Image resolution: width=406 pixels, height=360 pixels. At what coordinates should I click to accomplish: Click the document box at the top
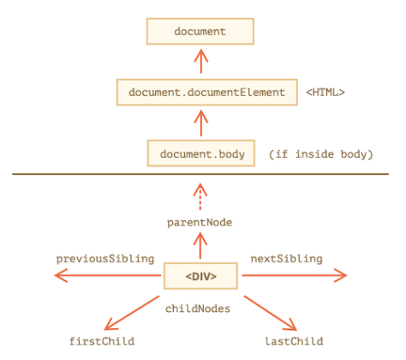click(x=200, y=32)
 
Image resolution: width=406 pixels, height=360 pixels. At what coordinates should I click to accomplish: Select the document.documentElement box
click(x=207, y=93)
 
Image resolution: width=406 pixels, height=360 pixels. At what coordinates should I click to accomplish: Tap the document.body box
click(x=201, y=153)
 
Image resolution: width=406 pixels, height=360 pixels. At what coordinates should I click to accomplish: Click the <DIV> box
click(x=200, y=276)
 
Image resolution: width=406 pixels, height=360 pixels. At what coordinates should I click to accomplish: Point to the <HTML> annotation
click(x=325, y=93)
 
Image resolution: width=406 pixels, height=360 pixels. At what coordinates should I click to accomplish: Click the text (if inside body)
click(x=321, y=154)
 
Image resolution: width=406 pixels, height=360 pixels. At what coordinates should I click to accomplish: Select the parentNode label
click(x=200, y=223)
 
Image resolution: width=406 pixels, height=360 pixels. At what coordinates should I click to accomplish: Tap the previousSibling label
click(x=105, y=259)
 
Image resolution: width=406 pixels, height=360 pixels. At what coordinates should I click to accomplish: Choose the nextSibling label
click(x=286, y=259)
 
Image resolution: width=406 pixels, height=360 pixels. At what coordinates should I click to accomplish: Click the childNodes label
click(x=198, y=309)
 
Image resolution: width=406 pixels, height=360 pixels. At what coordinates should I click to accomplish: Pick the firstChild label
click(x=102, y=341)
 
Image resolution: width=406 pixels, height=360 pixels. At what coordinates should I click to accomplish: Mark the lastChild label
click(x=295, y=341)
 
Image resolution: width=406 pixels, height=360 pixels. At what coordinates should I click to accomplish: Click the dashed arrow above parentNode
click(x=200, y=196)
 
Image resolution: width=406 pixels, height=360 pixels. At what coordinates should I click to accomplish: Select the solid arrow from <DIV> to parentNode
click(x=200, y=246)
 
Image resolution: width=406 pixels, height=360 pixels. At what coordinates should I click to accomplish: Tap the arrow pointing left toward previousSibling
click(x=108, y=275)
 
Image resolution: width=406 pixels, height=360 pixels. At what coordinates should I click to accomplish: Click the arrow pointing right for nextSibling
click(x=295, y=275)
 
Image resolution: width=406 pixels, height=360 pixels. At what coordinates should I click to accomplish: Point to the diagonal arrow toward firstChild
click(x=132, y=313)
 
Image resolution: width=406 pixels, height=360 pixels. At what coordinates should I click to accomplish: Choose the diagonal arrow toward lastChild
click(x=271, y=313)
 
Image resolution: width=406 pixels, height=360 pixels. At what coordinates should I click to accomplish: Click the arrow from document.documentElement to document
click(x=201, y=61)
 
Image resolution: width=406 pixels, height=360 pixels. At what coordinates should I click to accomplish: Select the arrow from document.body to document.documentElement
click(x=201, y=123)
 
